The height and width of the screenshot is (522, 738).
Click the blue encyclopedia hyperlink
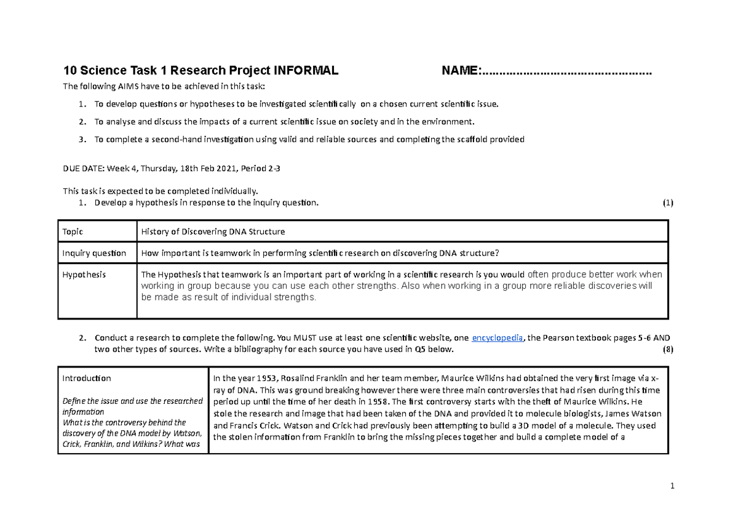point(497,338)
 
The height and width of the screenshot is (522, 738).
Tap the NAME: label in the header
point(462,71)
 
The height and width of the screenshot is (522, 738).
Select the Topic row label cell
point(73,231)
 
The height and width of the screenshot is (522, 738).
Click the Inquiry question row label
point(94,253)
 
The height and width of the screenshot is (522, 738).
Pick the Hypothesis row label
point(84,275)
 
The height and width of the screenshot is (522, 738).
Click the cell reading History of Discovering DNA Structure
point(213,231)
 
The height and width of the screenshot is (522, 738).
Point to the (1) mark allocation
point(668,203)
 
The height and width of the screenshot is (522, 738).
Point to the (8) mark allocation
point(668,350)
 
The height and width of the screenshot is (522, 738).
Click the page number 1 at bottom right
point(673,486)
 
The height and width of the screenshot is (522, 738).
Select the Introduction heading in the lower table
point(87,378)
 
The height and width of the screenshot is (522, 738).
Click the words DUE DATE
point(84,167)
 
